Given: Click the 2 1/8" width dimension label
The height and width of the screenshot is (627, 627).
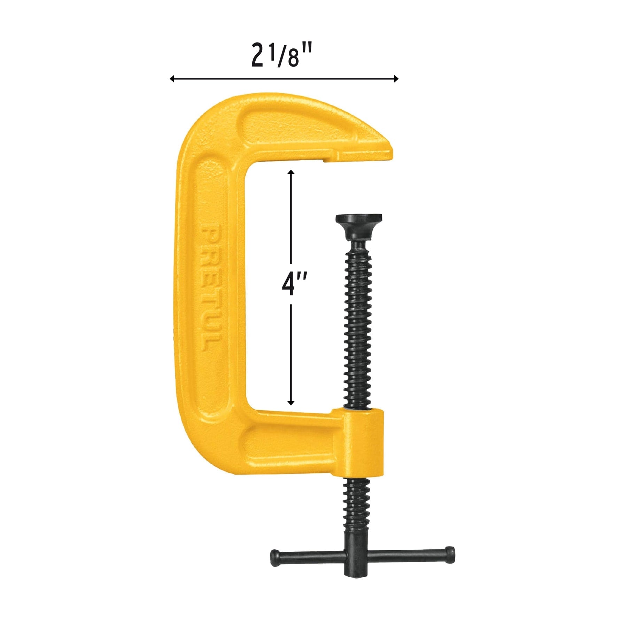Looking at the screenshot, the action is point(281,54).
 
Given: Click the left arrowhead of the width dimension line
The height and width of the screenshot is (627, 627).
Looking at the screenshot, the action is point(172,79).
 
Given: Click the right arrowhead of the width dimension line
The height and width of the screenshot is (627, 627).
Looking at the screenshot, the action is point(396,79).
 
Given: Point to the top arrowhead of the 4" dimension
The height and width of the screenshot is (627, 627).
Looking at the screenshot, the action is point(291,172).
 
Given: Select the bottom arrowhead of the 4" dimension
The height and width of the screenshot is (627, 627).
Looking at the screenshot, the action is point(291,403).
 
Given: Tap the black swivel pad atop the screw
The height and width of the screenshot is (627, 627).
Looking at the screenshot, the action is point(359,226).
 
